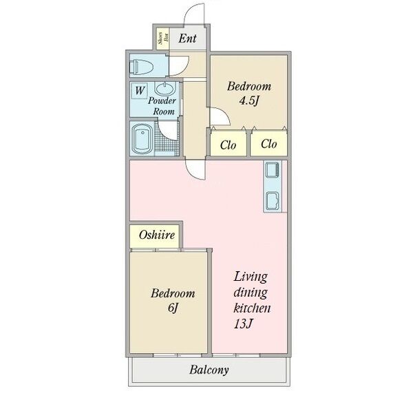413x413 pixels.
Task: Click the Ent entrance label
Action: (187, 39)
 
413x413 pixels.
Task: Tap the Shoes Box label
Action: (163, 38)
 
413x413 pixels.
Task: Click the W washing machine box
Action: (139, 91)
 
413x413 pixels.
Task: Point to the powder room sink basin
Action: (165, 89)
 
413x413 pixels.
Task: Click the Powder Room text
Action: (162, 106)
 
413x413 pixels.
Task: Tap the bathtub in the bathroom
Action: (142, 139)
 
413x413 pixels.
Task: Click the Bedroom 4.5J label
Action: (249, 93)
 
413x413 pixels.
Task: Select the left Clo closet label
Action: (228, 145)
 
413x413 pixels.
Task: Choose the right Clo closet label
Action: (269, 144)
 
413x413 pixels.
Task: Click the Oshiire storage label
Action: (157, 235)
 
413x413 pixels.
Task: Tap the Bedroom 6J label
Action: (173, 301)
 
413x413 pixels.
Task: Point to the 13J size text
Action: (244, 324)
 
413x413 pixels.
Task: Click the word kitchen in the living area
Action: (252, 308)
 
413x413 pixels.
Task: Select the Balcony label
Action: (209, 370)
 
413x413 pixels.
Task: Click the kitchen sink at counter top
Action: (273, 170)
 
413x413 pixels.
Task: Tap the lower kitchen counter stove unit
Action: (273, 201)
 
